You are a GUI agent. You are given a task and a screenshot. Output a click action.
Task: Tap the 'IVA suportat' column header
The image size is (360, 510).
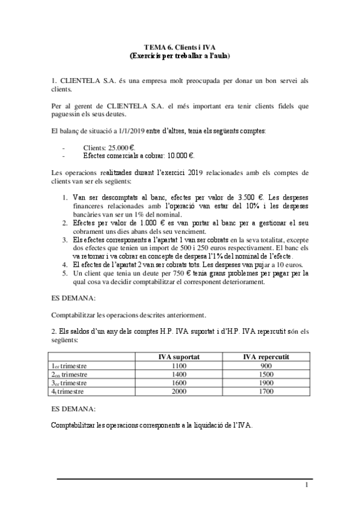tap(174, 357)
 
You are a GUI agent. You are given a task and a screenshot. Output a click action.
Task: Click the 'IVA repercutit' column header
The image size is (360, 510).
tap(266, 357)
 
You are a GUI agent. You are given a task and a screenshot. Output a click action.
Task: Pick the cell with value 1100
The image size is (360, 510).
tap(174, 366)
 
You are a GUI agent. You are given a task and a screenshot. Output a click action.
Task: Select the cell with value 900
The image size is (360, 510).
tap(266, 366)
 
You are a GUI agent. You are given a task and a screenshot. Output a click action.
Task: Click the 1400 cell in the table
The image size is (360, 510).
tap(174, 374)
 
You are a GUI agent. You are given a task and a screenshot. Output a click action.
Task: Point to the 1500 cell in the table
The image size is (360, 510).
tap(266, 374)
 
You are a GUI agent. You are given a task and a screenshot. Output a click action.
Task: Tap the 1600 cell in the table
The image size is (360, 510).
tap(174, 382)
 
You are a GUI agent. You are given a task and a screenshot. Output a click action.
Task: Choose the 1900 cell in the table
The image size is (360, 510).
tap(266, 382)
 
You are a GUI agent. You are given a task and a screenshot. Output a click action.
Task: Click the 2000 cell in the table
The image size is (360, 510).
tap(174, 391)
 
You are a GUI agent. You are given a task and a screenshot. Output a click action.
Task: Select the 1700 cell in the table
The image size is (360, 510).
tap(266, 391)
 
